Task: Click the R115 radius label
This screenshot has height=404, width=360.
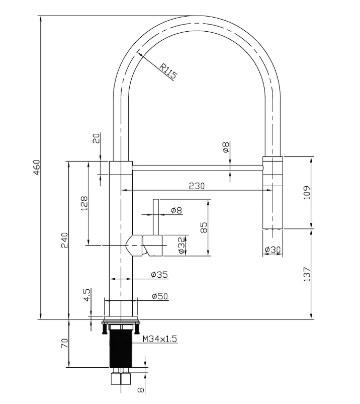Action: [168, 71]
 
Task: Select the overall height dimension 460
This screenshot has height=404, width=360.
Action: [37, 167]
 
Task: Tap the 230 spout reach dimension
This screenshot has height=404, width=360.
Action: [197, 186]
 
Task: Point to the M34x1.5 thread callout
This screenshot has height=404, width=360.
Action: [160, 339]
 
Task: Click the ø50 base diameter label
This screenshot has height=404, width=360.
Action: [160, 296]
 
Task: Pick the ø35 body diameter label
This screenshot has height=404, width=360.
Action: [159, 275]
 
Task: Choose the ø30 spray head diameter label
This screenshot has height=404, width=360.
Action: [273, 250]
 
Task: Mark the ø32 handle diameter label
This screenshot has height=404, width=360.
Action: [182, 245]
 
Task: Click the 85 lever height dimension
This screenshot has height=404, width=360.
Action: [204, 227]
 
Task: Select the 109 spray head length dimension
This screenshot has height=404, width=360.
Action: [307, 193]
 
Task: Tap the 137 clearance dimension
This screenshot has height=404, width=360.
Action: [307, 274]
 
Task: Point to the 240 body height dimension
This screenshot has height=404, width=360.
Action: [64, 240]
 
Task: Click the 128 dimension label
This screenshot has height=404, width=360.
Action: [84, 203]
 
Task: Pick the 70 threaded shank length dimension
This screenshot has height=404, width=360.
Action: [65, 343]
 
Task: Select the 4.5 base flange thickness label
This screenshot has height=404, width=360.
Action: [87, 295]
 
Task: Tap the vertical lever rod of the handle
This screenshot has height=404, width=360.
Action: [156, 217]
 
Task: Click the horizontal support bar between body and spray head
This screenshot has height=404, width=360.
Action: [198, 168]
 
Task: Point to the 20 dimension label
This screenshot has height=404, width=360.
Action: [96, 139]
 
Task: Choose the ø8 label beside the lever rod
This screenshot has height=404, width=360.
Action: [176, 210]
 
